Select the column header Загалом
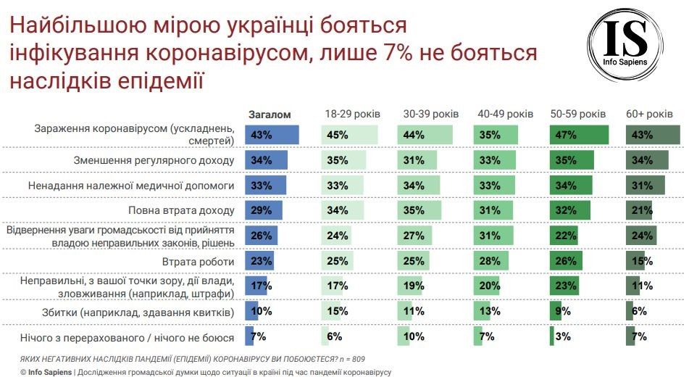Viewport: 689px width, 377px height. [270, 115]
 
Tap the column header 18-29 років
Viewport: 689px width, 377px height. [351, 115]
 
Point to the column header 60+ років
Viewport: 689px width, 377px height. [649, 115]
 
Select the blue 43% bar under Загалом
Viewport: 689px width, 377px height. [272, 135]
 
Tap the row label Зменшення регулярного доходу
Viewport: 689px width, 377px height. [154, 160]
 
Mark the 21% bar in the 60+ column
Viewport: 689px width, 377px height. [639, 210]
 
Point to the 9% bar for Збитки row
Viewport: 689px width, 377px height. [556, 312]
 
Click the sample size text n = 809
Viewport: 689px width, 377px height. [353, 358]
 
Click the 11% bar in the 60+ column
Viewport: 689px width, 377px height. [633, 286]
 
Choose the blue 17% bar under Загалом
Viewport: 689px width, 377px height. [256, 286]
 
